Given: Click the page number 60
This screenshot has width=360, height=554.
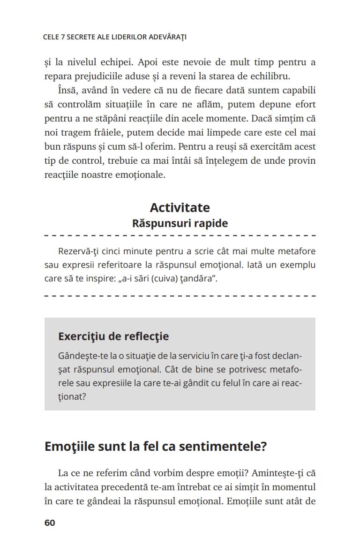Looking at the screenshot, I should click(50, 523).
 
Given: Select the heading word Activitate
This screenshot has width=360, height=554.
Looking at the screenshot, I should click(180, 207).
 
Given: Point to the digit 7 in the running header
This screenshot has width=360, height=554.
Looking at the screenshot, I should click(62, 37).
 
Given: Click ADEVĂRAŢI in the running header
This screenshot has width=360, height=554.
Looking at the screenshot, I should click(167, 37).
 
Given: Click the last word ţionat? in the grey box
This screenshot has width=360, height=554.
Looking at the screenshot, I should click(73, 397).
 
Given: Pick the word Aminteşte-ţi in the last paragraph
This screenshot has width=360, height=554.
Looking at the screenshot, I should click(282, 473).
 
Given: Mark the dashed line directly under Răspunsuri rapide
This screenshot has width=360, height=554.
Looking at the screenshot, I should click(180, 235).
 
